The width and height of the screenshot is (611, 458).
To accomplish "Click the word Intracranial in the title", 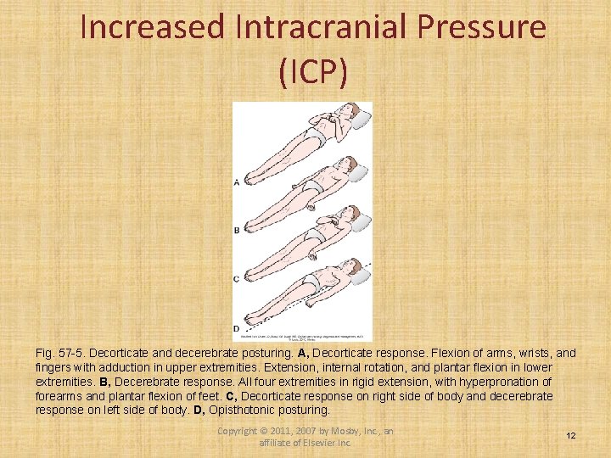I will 323,27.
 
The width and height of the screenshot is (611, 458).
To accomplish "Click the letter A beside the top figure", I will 236,181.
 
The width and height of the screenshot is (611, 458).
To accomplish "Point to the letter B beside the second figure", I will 236,230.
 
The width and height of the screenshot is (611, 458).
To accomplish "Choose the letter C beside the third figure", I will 236,278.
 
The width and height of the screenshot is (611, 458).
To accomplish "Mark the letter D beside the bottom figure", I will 236,327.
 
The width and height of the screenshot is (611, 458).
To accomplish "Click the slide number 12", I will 571,435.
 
